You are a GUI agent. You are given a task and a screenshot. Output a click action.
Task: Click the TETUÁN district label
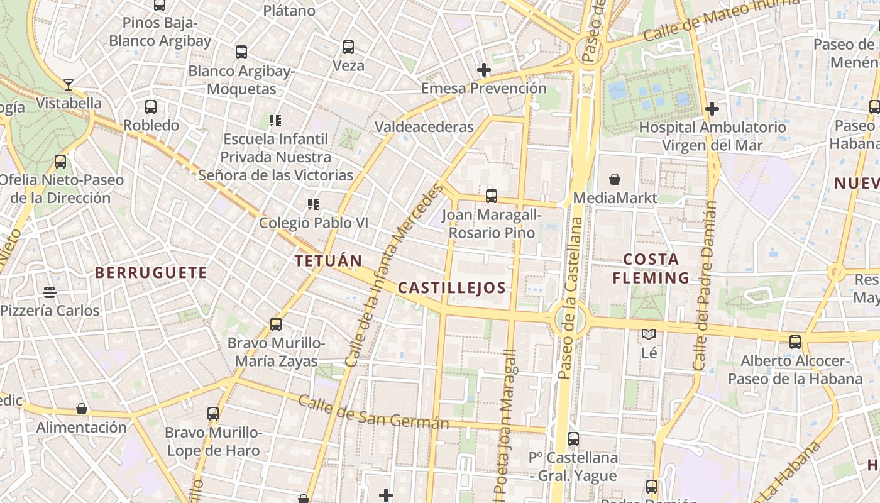coord(328,260)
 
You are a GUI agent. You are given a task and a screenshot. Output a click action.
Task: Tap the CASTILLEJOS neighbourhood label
coord(451,288)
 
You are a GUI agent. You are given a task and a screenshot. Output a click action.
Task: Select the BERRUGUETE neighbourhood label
coord(151,272)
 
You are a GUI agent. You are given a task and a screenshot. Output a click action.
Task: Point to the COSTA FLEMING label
coord(651,268)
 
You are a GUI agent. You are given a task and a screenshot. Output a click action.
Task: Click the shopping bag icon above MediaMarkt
coord(615,179)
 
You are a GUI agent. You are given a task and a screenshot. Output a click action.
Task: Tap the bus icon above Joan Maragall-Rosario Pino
coord(492,196)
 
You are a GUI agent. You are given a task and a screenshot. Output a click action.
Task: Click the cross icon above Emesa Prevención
coord(483,70)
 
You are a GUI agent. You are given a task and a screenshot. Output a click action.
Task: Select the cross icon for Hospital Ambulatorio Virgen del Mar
coord(712,109)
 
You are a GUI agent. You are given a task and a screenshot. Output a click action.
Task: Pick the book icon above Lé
coord(649,334)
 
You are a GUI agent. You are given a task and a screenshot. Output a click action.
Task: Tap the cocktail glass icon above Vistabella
coord(69,84)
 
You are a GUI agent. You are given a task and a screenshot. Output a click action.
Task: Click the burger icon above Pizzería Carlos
coord(50,292)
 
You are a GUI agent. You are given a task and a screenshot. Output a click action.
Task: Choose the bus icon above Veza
coord(348,47)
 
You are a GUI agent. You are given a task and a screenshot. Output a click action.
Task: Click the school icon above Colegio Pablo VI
coord(313,204)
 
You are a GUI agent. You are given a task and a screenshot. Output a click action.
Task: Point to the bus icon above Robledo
coord(151,107)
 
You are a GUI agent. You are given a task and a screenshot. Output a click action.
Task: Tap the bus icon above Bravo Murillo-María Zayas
coord(276,324)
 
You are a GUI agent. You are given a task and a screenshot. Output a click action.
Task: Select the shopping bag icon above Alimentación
coord(82,409)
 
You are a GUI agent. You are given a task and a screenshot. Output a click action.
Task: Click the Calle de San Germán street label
coord(373,412)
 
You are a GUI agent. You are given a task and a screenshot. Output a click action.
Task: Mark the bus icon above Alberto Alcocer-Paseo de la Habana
coord(795,342)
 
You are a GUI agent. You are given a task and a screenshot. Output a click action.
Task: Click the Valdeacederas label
coord(424,126)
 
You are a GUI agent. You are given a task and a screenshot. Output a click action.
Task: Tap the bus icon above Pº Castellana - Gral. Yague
coord(573,439)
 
